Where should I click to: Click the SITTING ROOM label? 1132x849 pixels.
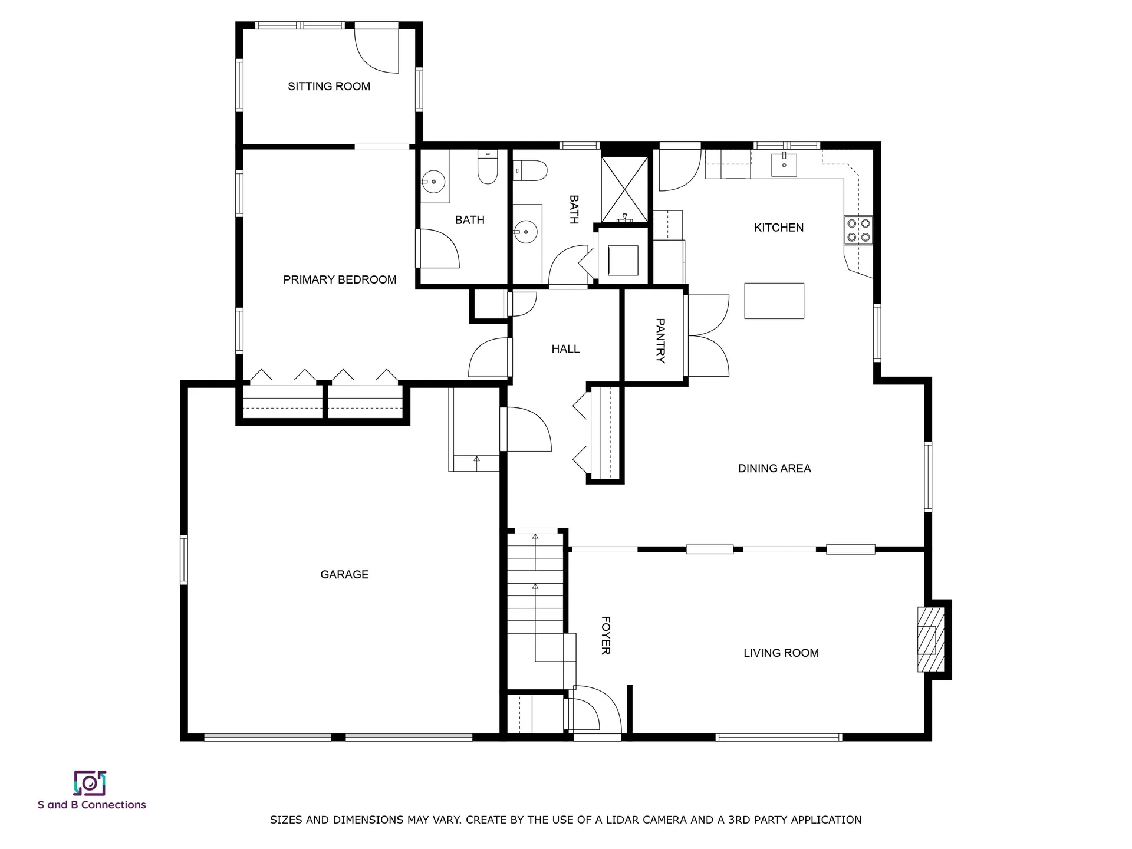pos(329,87)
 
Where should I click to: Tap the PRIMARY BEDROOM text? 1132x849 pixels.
pos(340,280)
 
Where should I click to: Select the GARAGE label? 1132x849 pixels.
pos(344,575)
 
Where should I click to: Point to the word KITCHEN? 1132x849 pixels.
pos(779,228)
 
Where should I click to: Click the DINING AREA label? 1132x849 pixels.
pos(775,469)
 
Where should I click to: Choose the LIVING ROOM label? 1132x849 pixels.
pos(781,653)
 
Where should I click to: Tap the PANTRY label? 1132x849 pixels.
pos(660,341)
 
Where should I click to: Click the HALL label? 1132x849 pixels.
pos(565,350)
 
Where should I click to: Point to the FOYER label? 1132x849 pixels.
pos(606,636)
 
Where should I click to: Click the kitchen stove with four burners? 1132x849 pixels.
pos(858,230)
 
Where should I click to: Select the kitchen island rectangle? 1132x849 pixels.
pos(774,301)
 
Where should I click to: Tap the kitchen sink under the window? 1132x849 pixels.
pos(784,165)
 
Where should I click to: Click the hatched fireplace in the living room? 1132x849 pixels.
pos(931,639)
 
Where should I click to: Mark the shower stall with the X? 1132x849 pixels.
pos(624,189)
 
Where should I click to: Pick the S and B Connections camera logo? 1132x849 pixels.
pos(90,783)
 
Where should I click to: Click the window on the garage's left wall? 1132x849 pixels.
pos(184,560)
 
